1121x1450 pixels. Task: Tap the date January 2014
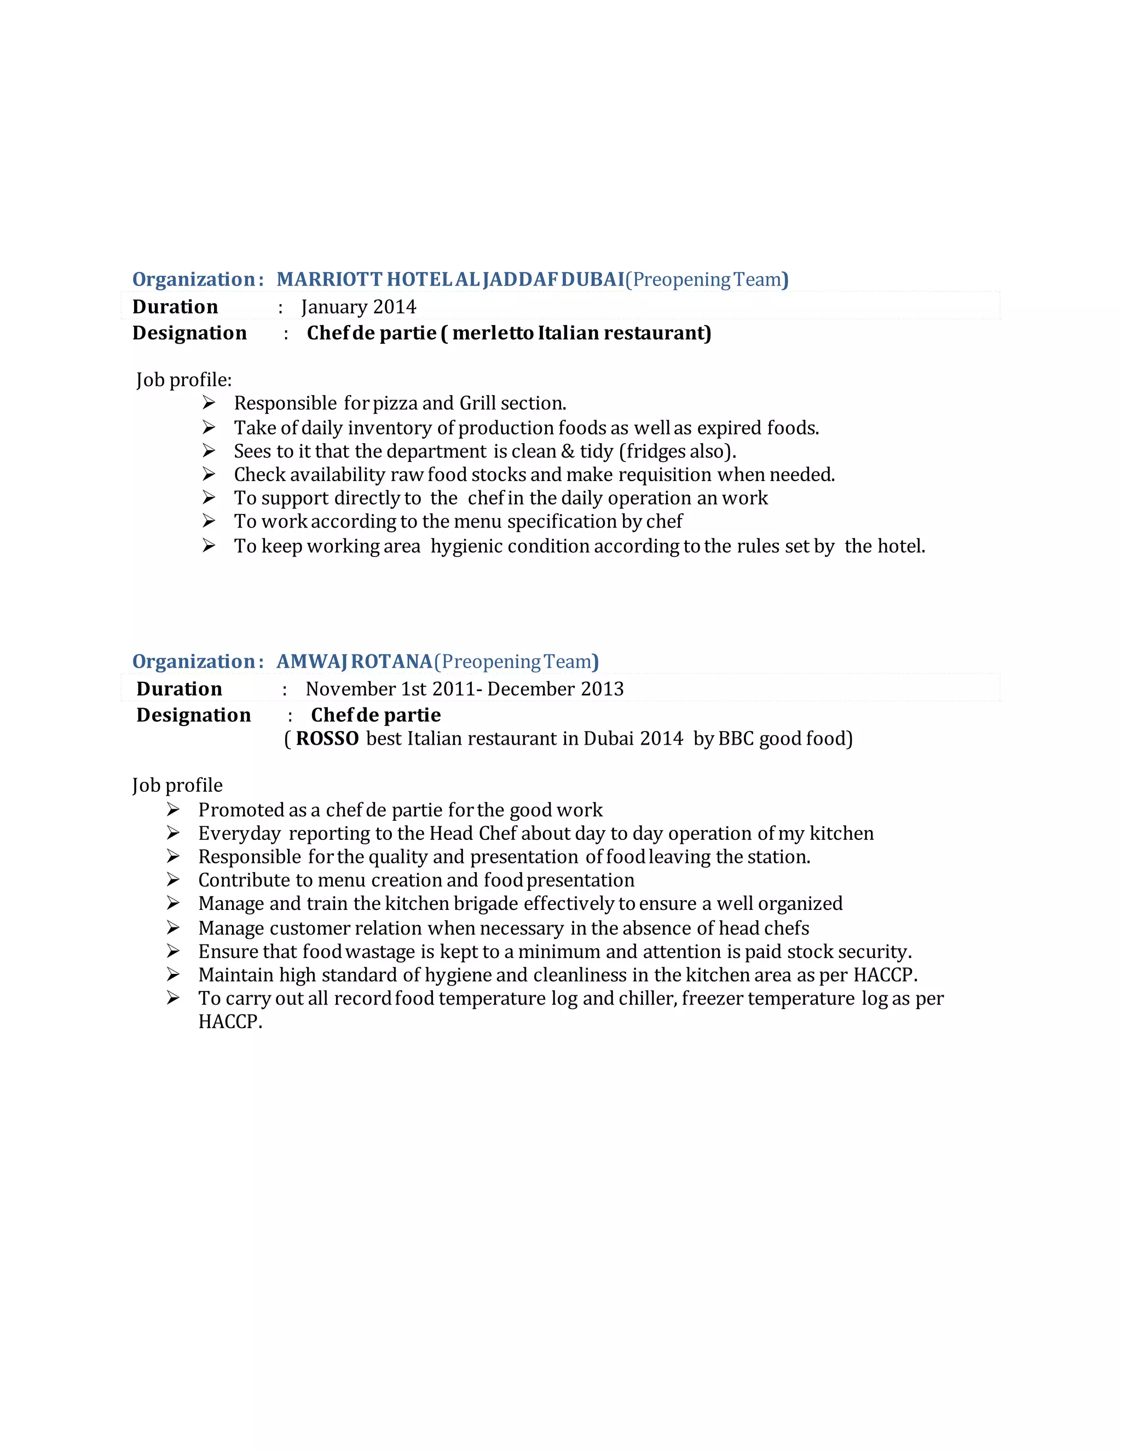[359, 307]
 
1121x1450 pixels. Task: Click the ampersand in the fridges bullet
[567, 451]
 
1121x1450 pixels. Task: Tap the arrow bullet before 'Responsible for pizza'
[209, 402]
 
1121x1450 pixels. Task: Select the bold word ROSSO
[327, 738]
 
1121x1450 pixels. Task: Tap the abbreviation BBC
[736, 738]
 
